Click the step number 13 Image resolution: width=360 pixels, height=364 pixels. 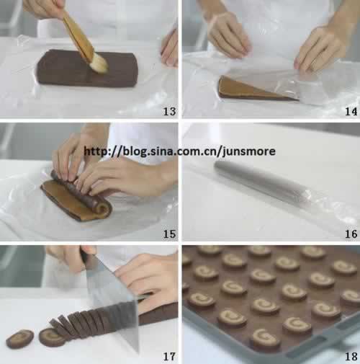(169, 111)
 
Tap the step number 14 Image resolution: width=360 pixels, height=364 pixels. (351, 111)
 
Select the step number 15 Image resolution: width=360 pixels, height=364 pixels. (169, 234)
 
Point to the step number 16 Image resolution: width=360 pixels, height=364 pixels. (351, 234)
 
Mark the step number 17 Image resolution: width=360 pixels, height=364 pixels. (169, 357)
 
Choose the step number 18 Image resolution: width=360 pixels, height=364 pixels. (351, 357)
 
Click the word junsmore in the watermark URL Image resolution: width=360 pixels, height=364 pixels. (249, 152)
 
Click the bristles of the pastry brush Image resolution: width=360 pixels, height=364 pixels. (99, 63)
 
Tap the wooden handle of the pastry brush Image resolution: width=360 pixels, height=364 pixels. (77, 33)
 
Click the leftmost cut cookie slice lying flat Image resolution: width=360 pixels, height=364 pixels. (20, 339)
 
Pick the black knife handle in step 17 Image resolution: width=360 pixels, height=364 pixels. (84, 257)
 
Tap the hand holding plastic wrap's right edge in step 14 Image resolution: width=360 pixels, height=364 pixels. (319, 49)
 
